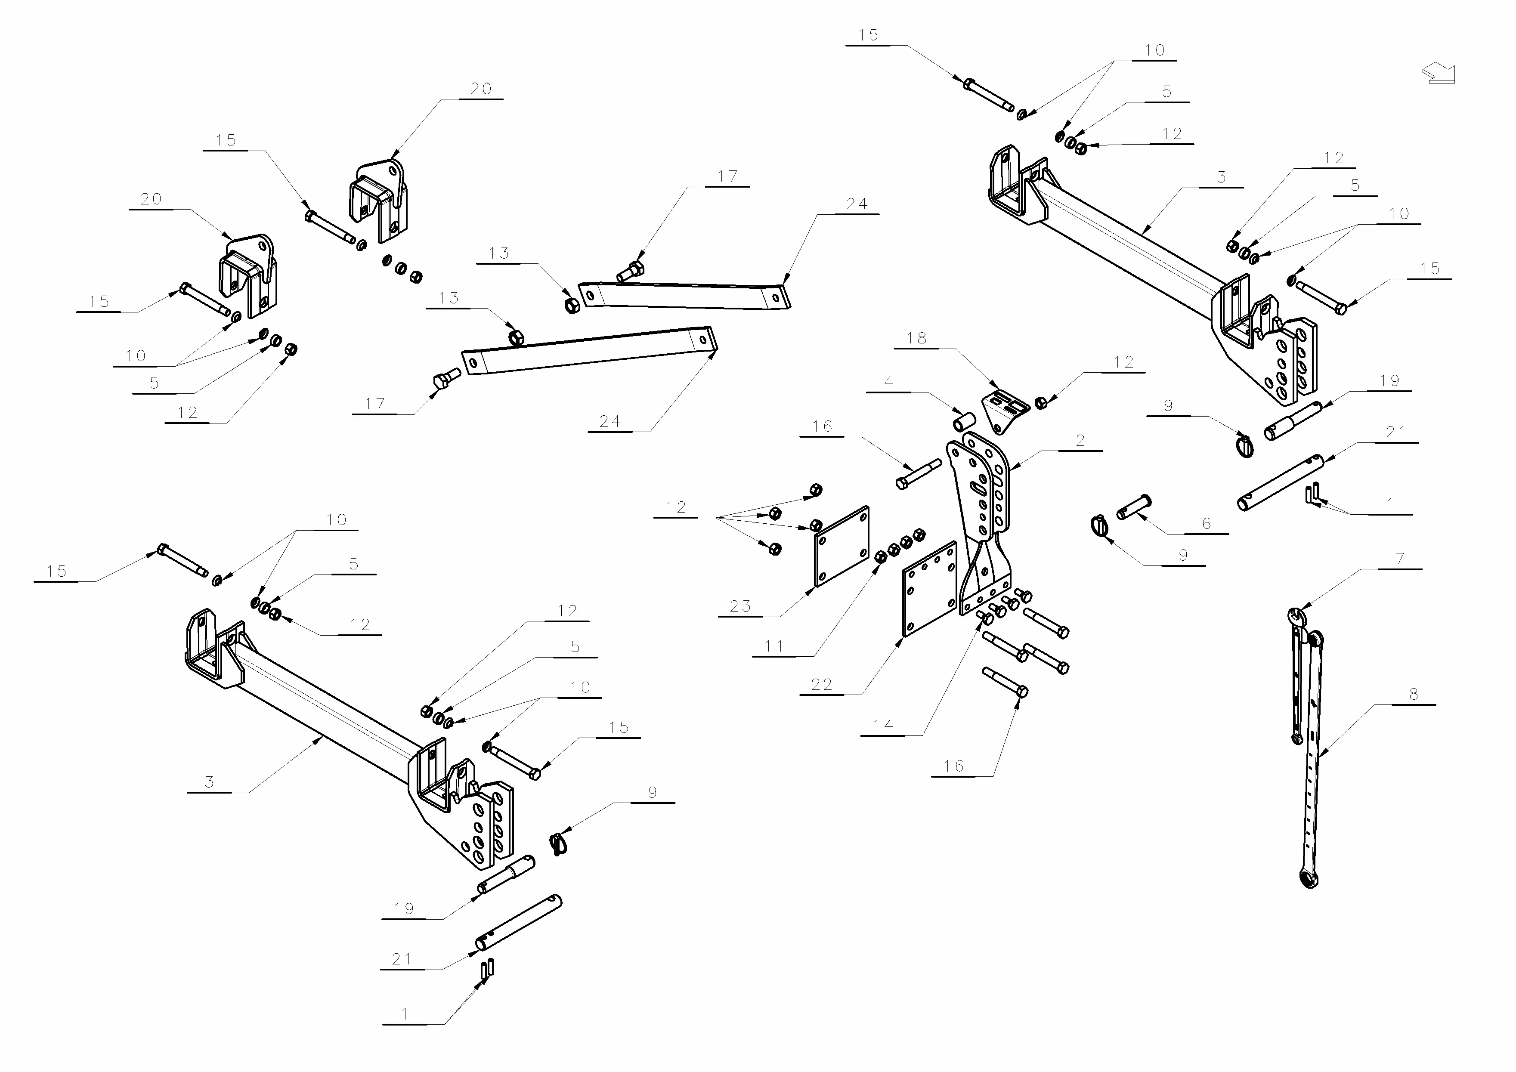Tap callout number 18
[916, 338]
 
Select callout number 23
[740, 606]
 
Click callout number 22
[821, 685]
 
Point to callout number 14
[883, 726]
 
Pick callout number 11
[774, 646]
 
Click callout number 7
[1400, 559]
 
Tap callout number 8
[1413, 695]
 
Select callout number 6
[1207, 523]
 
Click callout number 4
[888, 382]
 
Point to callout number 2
[1080, 440]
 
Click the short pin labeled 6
[1134, 507]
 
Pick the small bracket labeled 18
[1002, 411]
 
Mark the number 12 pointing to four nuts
[676, 507]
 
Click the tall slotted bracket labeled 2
[981, 508]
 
